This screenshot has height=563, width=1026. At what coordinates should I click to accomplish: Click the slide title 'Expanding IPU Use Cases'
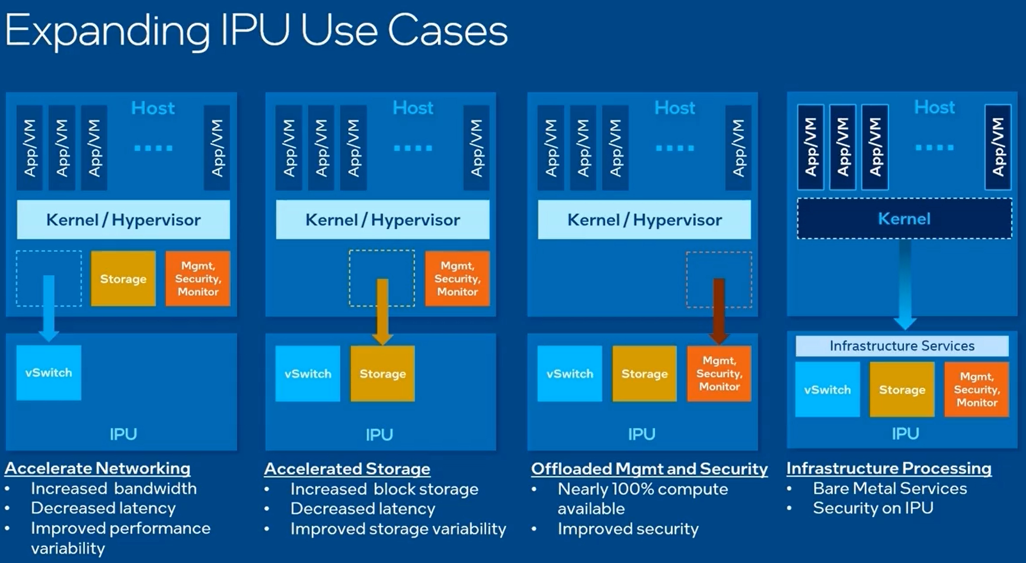coord(256,31)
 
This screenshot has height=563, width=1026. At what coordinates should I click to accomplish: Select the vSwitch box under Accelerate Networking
coord(49,373)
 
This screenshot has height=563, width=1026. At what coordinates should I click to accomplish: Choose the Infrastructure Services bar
coord(902,346)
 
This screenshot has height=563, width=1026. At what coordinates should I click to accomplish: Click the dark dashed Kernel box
coord(904,219)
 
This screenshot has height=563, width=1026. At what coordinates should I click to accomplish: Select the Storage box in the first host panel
coord(123,279)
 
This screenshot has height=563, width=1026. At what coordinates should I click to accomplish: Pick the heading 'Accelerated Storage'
coord(347,469)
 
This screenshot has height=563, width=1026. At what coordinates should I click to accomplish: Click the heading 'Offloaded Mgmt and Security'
coord(649,469)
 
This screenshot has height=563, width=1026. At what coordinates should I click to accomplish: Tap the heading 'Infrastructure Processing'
coord(888,468)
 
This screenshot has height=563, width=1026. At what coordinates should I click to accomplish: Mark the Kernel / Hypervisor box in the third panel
coord(644,220)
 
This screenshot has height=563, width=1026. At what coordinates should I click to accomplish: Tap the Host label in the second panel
coord(413,108)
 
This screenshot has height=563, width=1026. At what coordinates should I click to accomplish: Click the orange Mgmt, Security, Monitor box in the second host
coord(457,279)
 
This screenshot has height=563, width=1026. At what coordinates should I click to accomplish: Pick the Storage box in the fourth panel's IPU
coord(902,389)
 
